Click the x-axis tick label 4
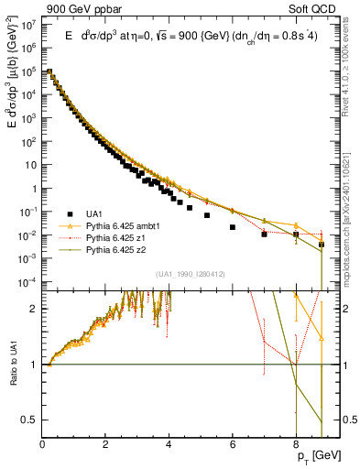[169, 444]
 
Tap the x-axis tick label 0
[42, 444]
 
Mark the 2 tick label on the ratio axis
[34, 309]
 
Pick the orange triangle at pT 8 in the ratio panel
[296, 296]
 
